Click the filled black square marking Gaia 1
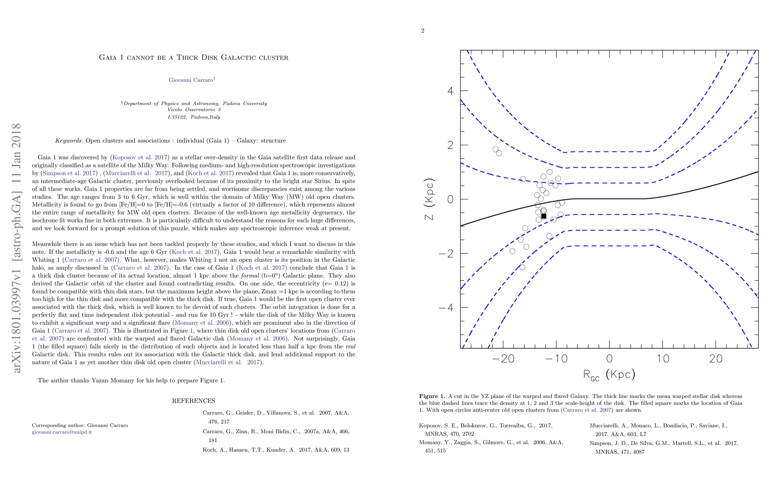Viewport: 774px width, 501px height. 544,216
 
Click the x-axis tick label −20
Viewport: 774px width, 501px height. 503,359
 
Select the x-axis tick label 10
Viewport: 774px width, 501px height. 663,359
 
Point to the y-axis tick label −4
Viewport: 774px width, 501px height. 446,308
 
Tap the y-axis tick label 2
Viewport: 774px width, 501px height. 450,145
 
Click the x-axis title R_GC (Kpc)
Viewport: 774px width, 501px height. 609,374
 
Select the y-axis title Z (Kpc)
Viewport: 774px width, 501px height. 429,199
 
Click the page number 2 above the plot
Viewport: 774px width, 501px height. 422,30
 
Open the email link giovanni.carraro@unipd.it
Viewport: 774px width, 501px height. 62,432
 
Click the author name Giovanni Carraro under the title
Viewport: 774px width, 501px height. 191,80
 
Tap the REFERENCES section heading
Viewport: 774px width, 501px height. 194,401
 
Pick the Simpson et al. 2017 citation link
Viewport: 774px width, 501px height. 69,173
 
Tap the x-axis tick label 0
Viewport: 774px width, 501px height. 610,359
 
